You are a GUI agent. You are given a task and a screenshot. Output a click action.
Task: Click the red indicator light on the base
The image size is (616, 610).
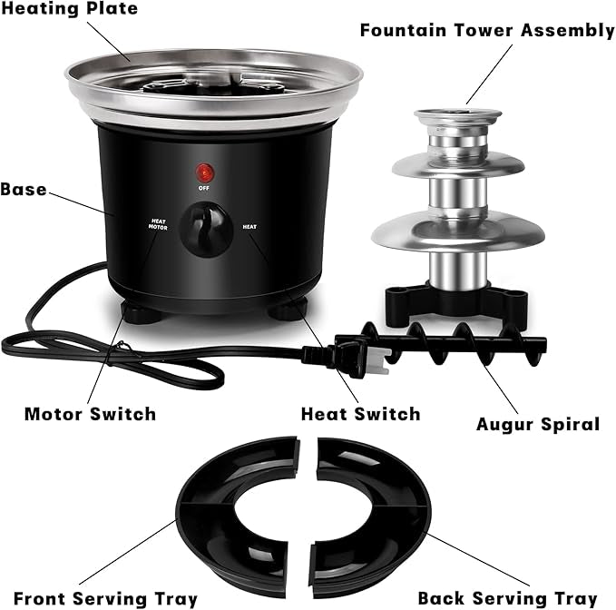pyautogui.click(x=205, y=172)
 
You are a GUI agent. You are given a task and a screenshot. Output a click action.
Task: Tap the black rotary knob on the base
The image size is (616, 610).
pyautogui.click(x=206, y=230)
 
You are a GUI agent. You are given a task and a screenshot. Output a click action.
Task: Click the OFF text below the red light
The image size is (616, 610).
pyautogui.click(x=204, y=188)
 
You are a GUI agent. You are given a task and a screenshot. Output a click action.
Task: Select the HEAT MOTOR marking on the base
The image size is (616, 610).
pyautogui.click(x=158, y=224)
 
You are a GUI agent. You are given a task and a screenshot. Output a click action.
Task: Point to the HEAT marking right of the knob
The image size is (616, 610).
pyautogui.click(x=249, y=227)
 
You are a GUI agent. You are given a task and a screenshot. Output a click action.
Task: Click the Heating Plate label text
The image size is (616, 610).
pyautogui.click(x=70, y=9)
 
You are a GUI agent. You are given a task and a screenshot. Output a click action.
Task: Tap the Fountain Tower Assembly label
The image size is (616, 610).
pyautogui.click(x=487, y=31)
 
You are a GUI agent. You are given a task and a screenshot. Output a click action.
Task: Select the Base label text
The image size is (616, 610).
pyautogui.click(x=24, y=190)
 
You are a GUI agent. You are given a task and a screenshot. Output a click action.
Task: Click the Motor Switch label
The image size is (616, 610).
pyautogui.click(x=91, y=414)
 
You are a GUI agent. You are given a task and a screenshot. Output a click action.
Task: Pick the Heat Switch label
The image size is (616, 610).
pyautogui.click(x=361, y=414)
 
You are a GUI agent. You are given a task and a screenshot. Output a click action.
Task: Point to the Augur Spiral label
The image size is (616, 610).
pyautogui.click(x=538, y=425)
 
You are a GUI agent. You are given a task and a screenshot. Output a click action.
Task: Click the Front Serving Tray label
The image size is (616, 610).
pyautogui.click(x=105, y=598)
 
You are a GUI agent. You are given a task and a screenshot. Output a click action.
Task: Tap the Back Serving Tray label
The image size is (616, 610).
pyautogui.click(x=507, y=598)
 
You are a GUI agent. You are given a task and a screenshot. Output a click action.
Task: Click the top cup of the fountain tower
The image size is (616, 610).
pyautogui.click(x=458, y=118)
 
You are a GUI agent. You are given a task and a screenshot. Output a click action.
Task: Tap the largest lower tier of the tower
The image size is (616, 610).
pyautogui.click(x=458, y=231)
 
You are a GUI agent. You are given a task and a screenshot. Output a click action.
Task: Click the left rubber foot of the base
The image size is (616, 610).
pyautogui.click(x=142, y=313)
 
